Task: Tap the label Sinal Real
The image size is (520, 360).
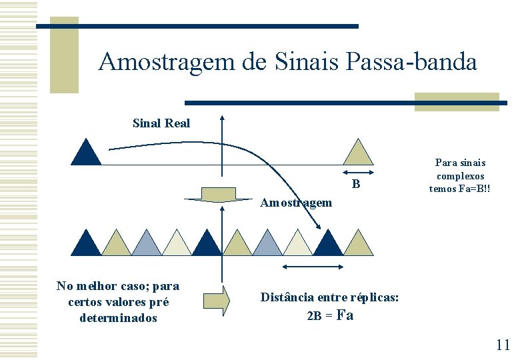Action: [161, 123]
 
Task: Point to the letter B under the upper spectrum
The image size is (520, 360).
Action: [356, 184]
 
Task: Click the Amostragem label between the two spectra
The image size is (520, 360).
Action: [296, 202]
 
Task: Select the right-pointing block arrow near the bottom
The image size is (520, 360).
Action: [216, 300]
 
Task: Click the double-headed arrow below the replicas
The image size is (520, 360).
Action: [313, 267]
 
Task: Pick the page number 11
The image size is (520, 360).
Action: [503, 344]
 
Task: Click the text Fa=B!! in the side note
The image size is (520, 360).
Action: [470, 189]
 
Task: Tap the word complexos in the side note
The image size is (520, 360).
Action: [460, 175]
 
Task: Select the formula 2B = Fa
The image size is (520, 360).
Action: [330, 315]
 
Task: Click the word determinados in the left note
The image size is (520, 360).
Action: [118, 318]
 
